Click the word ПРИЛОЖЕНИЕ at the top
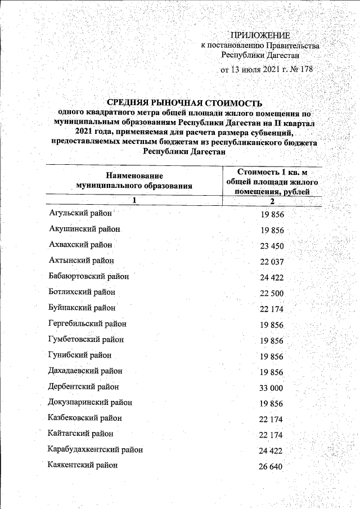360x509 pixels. (259, 35)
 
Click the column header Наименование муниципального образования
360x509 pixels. (134, 180)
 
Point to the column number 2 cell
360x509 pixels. (271, 201)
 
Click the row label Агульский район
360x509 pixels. (80, 214)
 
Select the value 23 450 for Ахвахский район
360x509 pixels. (272, 246)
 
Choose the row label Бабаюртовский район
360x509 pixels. (89, 277)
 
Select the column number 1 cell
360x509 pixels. (134, 200)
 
